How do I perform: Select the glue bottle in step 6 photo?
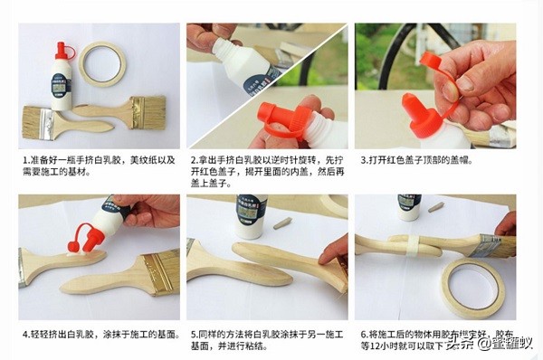(409, 205)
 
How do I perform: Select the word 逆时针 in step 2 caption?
(283, 158)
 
